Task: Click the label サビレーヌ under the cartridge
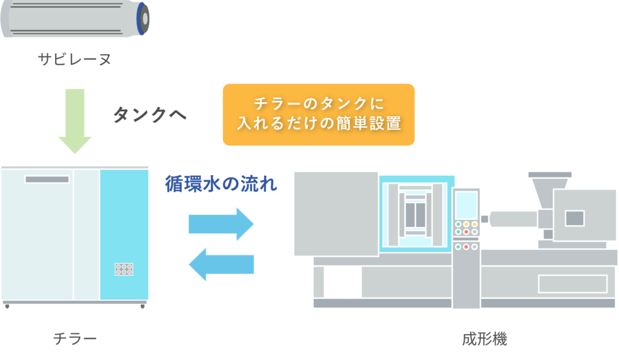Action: coord(74,60)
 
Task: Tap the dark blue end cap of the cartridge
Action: coord(143,19)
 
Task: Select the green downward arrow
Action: coord(75,121)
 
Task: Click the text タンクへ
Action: coord(150,115)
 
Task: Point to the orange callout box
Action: coord(319,114)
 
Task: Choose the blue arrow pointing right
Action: coord(221,223)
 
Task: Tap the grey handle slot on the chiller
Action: coord(47,179)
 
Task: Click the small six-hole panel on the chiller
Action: coord(124,269)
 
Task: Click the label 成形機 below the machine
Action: coord(484,339)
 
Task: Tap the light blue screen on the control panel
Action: coord(466,204)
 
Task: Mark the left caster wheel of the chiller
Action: coord(7,307)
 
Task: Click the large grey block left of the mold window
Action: coord(335,213)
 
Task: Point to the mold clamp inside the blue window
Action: coord(415,214)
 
